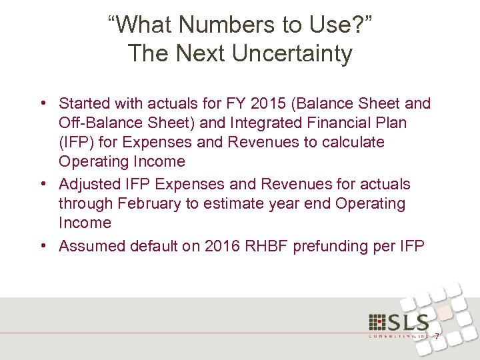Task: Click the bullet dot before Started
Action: (x=42, y=104)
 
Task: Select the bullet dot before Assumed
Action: (x=42, y=246)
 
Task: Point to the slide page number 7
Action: (x=437, y=337)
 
